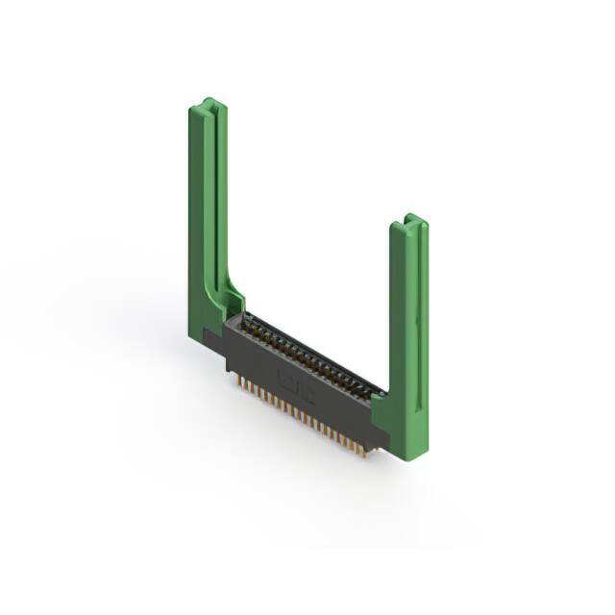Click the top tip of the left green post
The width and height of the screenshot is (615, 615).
pyautogui.click(x=208, y=101)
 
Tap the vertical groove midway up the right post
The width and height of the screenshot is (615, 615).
pyautogui.click(x=418, y=317)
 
